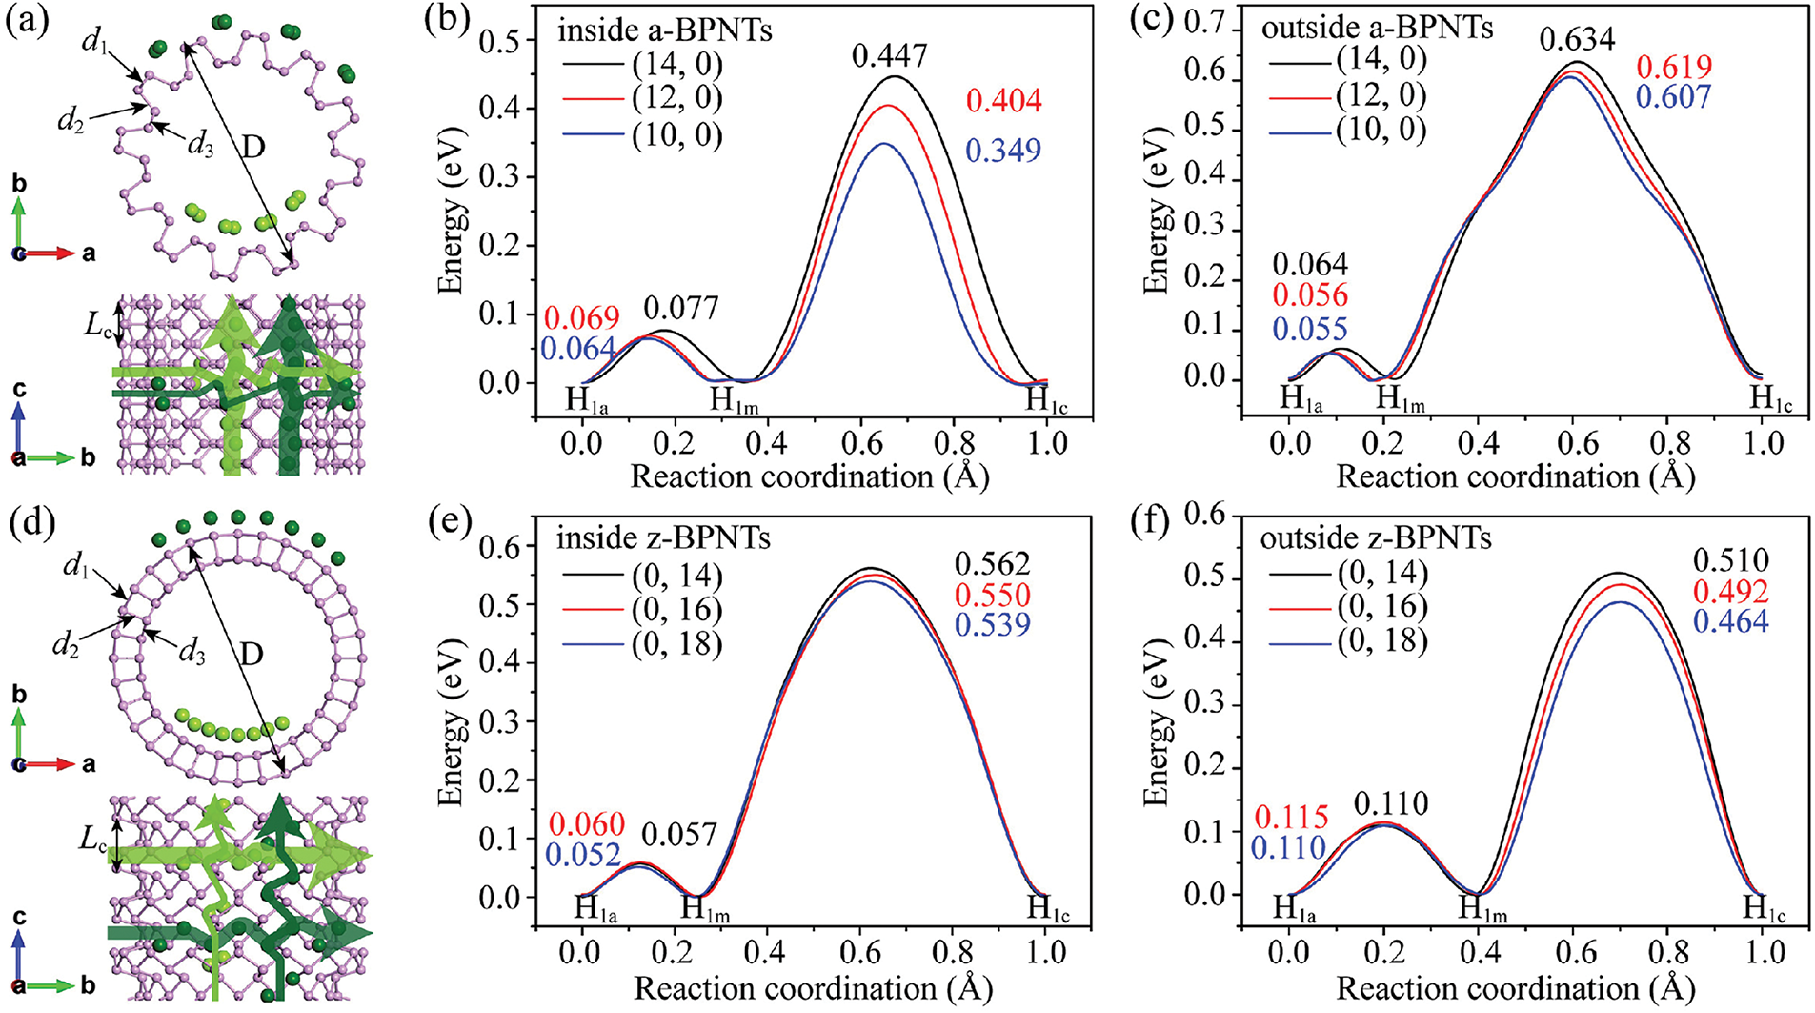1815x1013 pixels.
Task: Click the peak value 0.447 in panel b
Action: [x=889, y=56]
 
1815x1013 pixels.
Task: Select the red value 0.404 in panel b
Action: [x=1003, y=101]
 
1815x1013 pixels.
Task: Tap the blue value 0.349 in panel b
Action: [x=1003, y=151]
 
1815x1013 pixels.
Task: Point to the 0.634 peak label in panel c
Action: [x=1578, y=39]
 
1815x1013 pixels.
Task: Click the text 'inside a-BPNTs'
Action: [x=664, y=30]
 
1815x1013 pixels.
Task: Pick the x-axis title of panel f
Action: [x=1515, y=988]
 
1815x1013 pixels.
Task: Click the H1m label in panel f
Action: [x=1482, y=908]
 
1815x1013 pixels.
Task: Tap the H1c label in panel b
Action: [x=1046, y=400]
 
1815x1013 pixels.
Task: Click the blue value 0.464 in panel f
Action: [x=1730, y=621]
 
